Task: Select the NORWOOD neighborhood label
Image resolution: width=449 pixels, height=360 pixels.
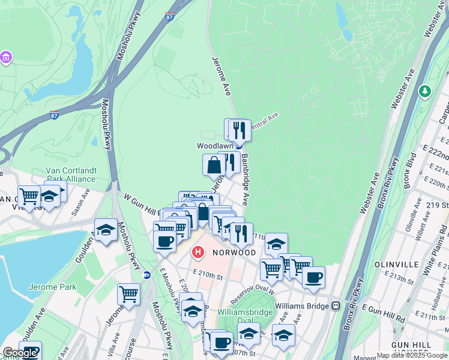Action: (234, 253)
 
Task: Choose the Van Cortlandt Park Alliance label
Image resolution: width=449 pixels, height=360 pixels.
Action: (71, 175)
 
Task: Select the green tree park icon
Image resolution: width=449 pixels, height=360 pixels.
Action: (425, 91)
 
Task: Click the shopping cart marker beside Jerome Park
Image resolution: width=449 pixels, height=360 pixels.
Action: (128, 294)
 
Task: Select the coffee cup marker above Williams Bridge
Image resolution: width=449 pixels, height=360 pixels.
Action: (313, 277)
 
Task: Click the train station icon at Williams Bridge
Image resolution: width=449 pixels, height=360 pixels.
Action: (336, 305)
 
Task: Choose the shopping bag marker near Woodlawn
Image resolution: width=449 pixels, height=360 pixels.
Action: (214, 164)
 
